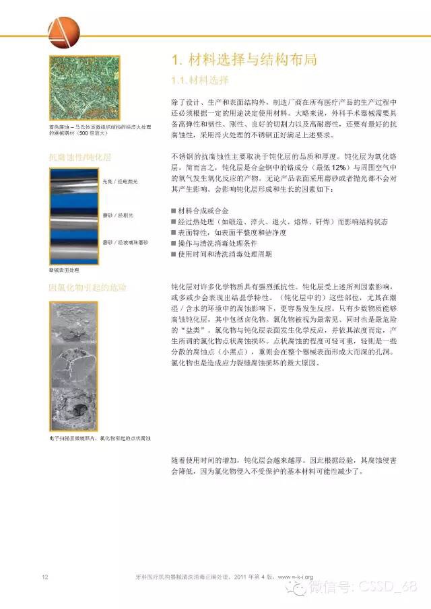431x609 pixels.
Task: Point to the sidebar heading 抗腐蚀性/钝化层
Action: tap(79, 157)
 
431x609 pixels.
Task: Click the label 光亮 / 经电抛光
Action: tap(119, 182)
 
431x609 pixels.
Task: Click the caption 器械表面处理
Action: tap(64, 269)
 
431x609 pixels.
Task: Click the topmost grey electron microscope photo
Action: tap(75, 322)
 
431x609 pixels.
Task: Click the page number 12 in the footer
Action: tap(44, 577)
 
